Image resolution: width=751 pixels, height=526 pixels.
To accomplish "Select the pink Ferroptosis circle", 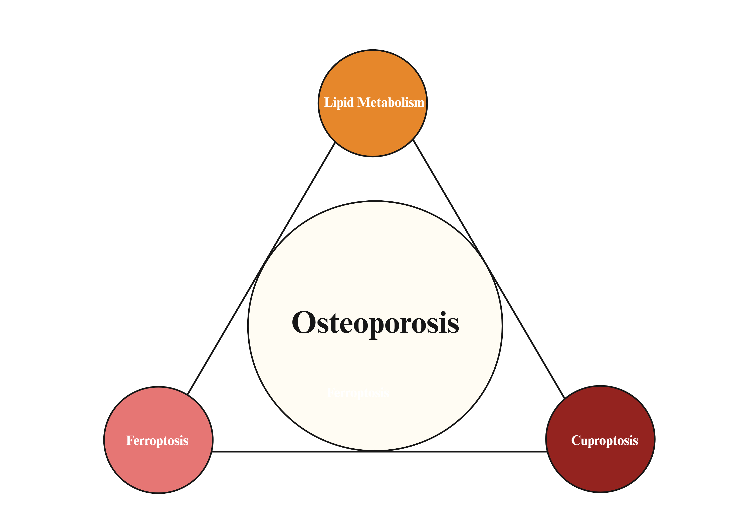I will [x=158, y=465].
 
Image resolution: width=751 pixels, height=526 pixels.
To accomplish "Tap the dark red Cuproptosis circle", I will [x=601, y=465].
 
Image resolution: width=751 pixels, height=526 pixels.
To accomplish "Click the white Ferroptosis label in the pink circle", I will [x=157, y=441].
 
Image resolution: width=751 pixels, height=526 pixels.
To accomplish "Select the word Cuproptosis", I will [x=605, y=441].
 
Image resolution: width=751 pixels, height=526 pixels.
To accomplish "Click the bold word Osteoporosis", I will [x=375, y=323].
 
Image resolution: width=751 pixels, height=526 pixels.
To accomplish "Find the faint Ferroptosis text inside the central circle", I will [x=358, y=393].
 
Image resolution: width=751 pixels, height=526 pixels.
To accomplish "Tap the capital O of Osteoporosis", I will [x=304, y=322].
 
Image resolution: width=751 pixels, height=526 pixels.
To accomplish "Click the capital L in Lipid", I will [x=327, y=102].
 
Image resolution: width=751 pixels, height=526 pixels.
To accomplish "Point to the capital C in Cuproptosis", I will [x=576, y=441].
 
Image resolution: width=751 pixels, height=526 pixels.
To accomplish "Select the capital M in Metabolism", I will [x=364, y=102].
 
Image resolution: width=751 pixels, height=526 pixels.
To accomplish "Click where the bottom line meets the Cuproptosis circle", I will [x=547, y=452].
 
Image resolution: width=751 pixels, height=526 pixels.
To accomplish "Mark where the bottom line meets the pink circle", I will [x=212, y=452].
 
